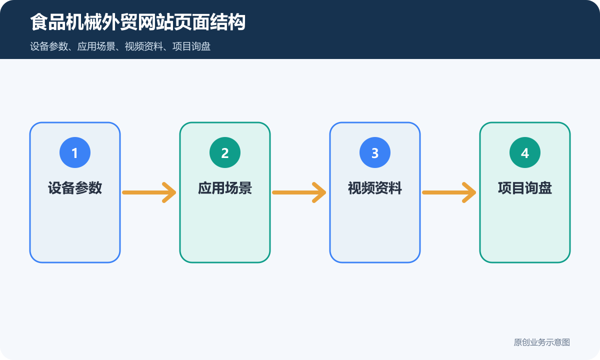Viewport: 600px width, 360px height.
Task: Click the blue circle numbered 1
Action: click(75, 152)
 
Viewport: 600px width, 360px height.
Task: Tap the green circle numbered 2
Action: click(225, 152)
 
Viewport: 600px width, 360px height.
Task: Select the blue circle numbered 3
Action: click(375, 152)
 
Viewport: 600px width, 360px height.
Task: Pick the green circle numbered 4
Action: click(525, 152)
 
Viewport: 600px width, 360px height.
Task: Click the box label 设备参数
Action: click(75, 188)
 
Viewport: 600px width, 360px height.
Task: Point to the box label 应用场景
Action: click(225, 188)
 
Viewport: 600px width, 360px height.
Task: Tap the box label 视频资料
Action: click(375, 188)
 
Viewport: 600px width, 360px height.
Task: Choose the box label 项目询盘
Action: click(525, 188)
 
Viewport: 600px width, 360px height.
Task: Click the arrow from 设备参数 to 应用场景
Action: click(149, 192)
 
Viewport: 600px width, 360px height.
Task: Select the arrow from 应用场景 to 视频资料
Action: click(299, 192)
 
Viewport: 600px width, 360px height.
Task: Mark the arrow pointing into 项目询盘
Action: click(449, 192)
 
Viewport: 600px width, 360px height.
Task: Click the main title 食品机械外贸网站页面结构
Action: click(138, 22)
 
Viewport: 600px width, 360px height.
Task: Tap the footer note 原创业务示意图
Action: click(542, 342)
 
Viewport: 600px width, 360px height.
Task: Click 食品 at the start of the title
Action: click(48, 22)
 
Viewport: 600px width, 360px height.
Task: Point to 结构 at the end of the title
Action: click(228, 22)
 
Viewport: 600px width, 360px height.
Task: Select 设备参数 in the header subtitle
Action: click(49, 46)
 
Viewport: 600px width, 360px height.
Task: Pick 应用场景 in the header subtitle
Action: click(96, 46)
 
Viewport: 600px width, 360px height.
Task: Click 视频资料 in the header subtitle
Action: click(144, 46)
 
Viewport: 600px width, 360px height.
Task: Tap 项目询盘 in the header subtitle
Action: click(191, 46)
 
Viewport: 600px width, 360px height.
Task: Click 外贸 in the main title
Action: click(120, 22)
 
